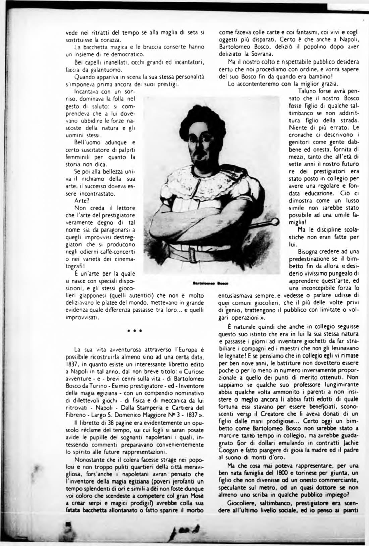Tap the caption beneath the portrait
pos(211,283)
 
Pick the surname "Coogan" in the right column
pos(230,450)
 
